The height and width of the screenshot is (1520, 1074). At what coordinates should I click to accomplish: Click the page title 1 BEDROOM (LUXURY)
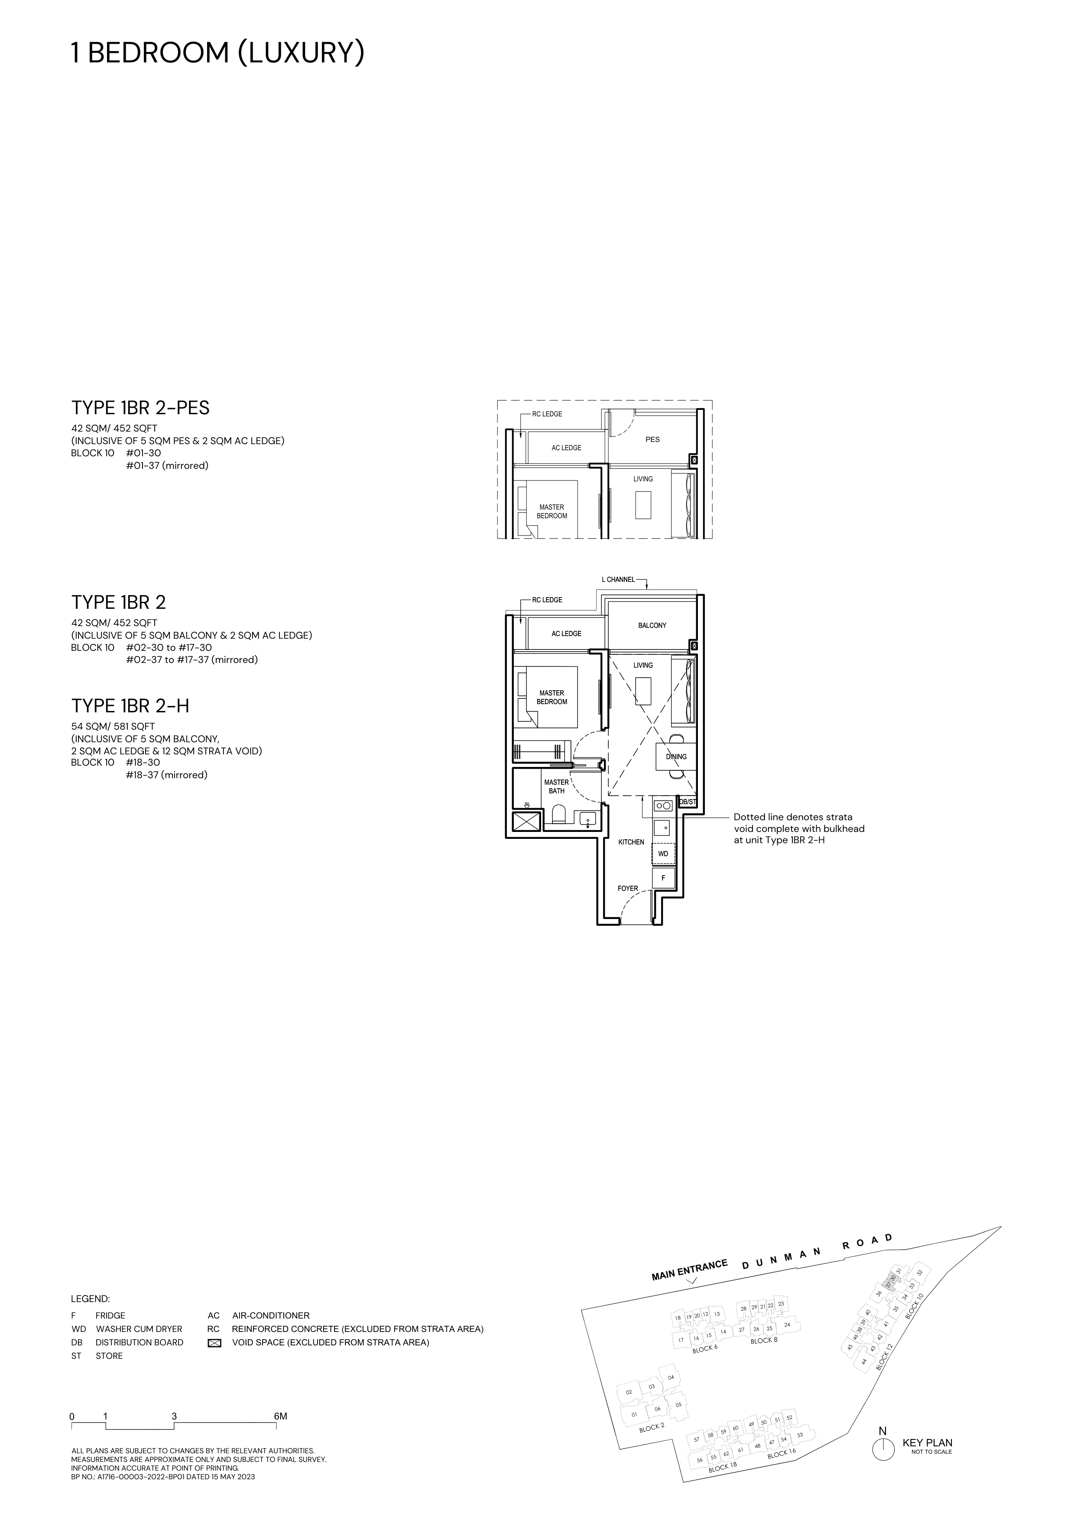(x=218, y=54)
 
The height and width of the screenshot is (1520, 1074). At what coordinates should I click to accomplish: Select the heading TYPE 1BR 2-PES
(x=140, y=408)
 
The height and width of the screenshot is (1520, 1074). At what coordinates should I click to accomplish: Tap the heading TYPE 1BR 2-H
(x=130, y=706)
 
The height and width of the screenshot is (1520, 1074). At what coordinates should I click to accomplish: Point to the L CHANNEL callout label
(x=618, y=579)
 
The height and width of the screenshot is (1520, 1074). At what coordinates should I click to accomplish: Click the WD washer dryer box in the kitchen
(x=663, y=854)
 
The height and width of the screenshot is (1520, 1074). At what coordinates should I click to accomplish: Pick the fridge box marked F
(x=663, y=878)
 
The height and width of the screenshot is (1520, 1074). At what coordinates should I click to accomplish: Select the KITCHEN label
(x=631, y=842)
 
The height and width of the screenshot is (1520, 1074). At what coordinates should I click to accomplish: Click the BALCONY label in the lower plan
(x=652, y=625)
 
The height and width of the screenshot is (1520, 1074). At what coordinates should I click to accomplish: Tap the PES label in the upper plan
(x=652, y=439)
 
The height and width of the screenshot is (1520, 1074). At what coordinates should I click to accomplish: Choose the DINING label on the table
(x=676, y=757)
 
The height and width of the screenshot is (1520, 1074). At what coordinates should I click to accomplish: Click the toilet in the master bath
(x=558, y=814)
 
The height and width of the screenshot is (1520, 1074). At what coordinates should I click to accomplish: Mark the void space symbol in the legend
(x=214, y=1343)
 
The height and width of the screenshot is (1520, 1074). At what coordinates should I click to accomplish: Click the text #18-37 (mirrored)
(x=167, y=775)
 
